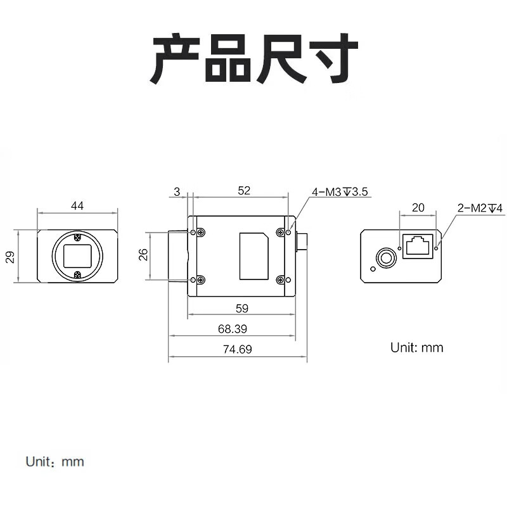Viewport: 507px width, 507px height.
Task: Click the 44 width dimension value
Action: click(x=77, y=205)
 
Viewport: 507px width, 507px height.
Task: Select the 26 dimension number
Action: click(x=144, y=255)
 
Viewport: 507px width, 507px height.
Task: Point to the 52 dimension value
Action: click(x=245, y=190)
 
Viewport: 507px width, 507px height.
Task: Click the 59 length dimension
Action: click(x=241, y=309)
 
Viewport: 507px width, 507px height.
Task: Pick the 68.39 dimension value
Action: click(x=233, y=329)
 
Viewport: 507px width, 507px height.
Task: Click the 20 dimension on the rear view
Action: click(x=418, y=207)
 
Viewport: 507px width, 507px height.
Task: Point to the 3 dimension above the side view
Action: click(x=176, y=190)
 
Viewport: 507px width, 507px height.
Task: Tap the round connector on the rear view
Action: click(x=384, y=258)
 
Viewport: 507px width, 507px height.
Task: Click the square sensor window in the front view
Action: click(x=77, y=257)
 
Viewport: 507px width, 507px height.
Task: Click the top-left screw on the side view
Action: click(x=201, y=233)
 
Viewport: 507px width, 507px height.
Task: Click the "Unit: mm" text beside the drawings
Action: click(x=416, y=347)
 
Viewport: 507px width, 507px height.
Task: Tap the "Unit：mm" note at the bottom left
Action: click(x=55, y=461)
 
